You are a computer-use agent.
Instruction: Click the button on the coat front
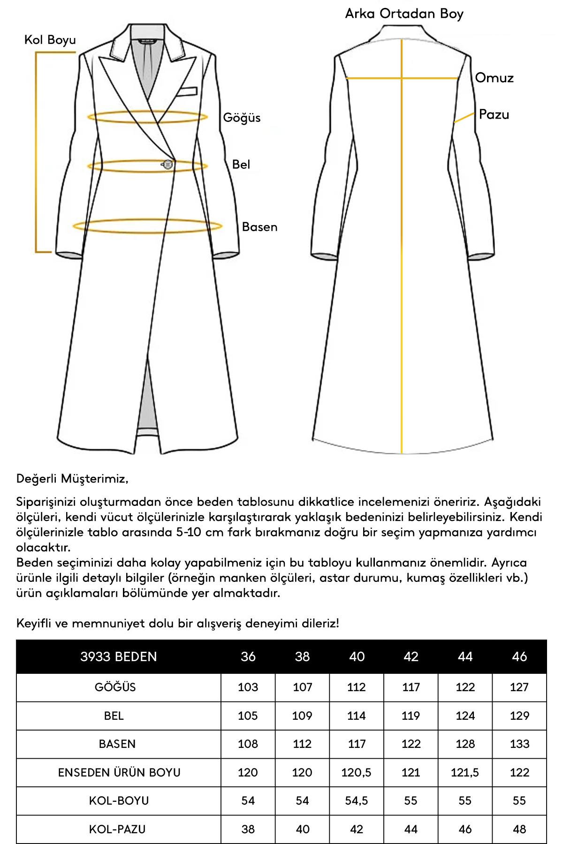click(167, 164)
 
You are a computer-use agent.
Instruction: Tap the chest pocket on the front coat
click(188, 90)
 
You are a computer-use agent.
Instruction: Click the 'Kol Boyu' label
click(50, 40)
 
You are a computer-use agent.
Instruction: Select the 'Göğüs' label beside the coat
click(242, 118)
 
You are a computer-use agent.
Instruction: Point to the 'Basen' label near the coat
click(259, 227)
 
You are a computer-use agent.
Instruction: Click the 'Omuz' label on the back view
click(494, 78)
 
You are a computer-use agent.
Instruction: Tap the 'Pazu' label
click(494, 114)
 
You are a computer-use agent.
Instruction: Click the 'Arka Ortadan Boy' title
click(404, 14)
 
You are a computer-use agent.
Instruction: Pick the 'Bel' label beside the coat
click(241, 165)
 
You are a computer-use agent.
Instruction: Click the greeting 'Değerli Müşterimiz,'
click(72, 479)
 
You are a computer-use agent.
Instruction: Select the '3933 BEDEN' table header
click(118, 656)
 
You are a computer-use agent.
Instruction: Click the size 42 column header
click(411, 656)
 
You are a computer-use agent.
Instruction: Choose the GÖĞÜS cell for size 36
click(248, 687)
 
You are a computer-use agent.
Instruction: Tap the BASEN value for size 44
click(465, 744)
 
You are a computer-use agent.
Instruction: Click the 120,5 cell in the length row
click(357, 772)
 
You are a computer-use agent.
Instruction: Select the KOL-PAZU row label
click(117, 829)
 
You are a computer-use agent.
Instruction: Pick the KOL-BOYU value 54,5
click(357, 800)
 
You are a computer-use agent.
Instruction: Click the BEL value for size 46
click(519, 716)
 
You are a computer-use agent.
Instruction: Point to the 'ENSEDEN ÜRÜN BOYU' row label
click(119, 772)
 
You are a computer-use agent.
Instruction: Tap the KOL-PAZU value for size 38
click(302, 829)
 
